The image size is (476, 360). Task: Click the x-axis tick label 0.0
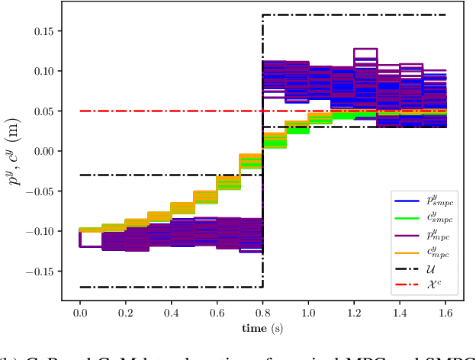[79, 313]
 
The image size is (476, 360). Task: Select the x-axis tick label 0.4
[171, 313]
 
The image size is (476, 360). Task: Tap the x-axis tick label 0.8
[262, 313]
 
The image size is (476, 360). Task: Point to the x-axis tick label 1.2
[354, 313]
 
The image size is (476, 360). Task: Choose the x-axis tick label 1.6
[445, 313]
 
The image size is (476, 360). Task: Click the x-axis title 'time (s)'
[262, 328]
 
